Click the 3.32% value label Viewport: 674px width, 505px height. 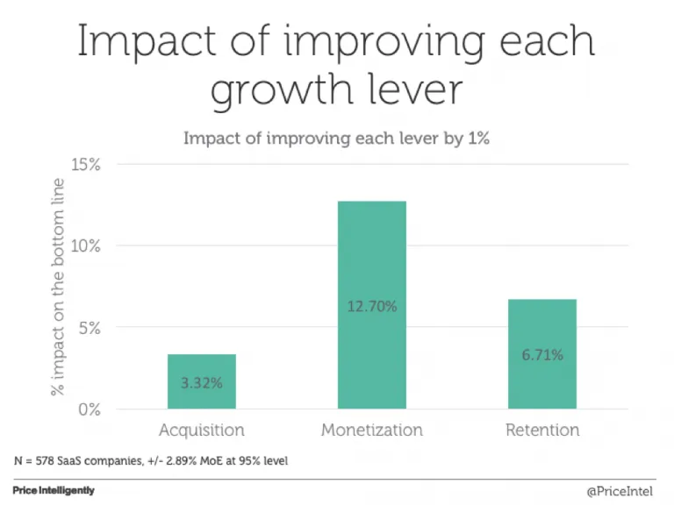pos(202,383)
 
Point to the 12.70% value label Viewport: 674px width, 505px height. pos(372,306)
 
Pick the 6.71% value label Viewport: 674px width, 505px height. pos(542,355)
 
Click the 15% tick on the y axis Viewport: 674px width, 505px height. pos(86,165)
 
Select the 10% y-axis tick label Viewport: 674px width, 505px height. pos(86,246)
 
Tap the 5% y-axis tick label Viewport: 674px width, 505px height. pos(90,328)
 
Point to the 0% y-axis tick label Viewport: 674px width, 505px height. pos(90,409)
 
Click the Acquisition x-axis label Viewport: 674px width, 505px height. pos(202,430)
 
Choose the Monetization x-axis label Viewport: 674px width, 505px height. pos(372,430)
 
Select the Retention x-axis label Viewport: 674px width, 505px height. pos(542,430)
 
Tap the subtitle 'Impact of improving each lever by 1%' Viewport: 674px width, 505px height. pos(336,138)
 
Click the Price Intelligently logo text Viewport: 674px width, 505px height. pos(54,491)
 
